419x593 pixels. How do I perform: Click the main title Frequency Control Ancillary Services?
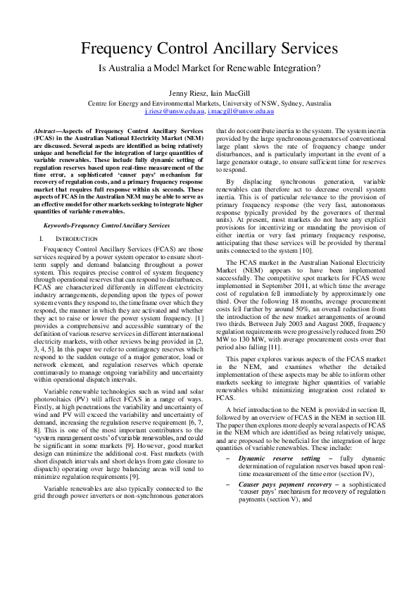point(209,49)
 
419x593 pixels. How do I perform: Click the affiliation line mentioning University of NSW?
point(209,103)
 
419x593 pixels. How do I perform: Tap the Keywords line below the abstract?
point(106,225)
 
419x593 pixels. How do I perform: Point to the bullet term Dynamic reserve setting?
point(269,478)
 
